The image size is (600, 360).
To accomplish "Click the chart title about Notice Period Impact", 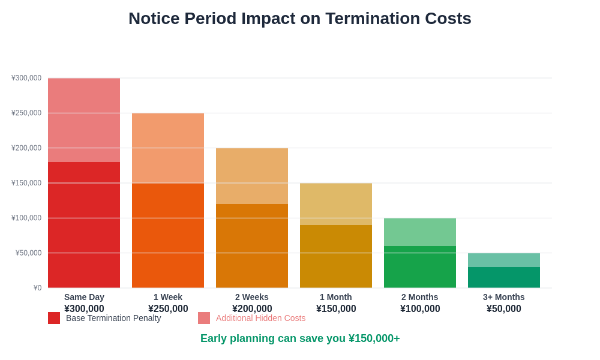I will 299,19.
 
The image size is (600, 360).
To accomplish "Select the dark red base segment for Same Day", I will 84,225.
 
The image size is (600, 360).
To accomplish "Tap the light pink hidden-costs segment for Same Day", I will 84,120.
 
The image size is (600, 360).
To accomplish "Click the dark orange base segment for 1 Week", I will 168,235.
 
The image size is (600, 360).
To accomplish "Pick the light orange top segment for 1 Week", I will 168,148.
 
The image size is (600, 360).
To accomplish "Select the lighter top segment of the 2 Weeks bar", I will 252,176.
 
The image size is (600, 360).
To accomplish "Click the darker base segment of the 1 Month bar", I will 336,256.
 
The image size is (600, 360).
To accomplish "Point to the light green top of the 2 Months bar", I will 420,232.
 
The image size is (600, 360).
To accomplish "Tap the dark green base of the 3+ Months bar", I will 504,277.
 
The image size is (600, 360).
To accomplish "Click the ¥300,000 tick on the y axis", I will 26,78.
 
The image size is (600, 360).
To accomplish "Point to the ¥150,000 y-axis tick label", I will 26,183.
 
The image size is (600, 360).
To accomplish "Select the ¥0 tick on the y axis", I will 37,288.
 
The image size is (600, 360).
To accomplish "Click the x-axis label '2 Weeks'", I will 252,297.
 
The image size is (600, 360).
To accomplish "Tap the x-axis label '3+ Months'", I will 504,297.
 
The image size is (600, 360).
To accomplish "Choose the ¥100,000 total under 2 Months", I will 420,308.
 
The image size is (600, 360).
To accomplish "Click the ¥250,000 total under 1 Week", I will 168,308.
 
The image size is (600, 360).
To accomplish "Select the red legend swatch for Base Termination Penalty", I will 54,318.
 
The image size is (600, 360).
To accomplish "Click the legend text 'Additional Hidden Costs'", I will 260,318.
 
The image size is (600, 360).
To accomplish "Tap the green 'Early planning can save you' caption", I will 300,338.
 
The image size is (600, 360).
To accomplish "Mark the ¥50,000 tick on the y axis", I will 28,253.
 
